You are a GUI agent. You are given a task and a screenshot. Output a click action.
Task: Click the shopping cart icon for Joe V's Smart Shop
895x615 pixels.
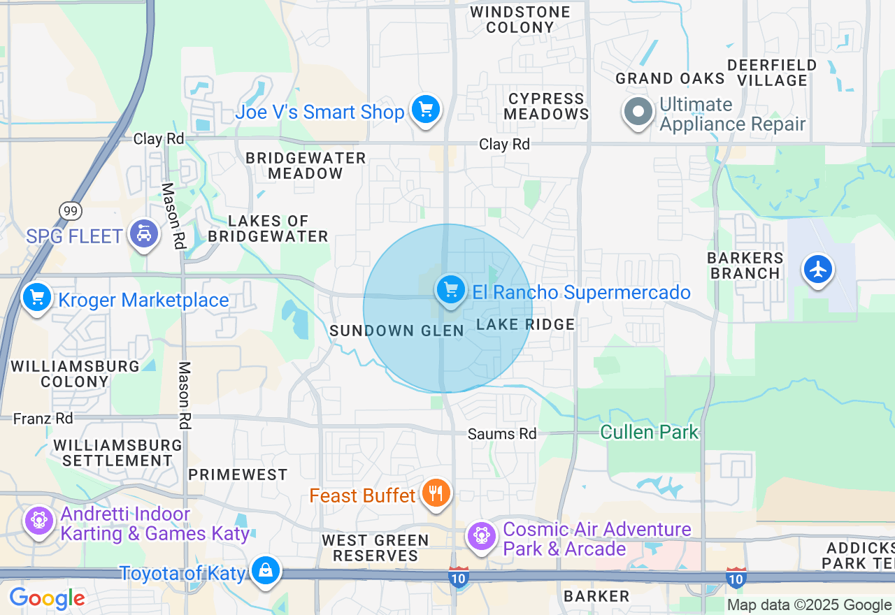(x=425, y=110)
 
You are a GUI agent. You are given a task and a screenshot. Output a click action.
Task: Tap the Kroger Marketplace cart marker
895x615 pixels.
(x=37, y=298)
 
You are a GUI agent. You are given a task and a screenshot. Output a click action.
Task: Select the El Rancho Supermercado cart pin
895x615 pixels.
(x=450, y=290)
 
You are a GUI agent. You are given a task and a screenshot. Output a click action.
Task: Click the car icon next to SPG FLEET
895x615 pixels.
(x=144, y=235)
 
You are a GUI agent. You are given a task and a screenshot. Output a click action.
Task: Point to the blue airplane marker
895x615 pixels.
(x=817, y=269)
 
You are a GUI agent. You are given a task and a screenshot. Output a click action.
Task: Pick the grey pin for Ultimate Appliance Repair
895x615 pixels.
(x=638, y=112)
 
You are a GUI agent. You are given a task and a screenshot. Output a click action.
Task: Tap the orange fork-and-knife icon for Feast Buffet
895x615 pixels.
(x=436, y=494)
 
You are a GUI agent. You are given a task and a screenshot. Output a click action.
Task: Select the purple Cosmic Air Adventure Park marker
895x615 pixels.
(x=482, y=536)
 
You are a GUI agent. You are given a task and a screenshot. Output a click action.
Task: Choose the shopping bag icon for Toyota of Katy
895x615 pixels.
(x=266, y=571)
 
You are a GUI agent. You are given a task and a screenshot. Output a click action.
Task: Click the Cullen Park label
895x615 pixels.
(x=649, y=433)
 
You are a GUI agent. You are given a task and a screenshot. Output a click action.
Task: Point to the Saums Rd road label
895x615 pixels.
(x=502, y=434)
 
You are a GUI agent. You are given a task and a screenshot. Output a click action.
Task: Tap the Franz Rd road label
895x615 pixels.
(x=43, y=419)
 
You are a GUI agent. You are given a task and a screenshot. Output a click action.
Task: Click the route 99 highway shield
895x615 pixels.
(x=71, y=210)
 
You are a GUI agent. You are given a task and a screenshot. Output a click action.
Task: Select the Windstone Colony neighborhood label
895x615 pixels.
(x=520, y=20)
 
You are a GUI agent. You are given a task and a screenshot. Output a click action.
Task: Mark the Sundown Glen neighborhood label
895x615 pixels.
(x=396, y=331)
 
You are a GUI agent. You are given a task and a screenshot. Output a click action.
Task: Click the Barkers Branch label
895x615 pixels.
(x=745, y=266)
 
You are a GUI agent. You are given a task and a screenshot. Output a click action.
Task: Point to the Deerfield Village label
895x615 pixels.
(x=772, y=73)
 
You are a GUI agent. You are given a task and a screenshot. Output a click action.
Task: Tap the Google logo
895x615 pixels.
(x=47, y=599)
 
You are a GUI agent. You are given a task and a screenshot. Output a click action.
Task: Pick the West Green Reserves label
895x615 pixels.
(x=375, y=548)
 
